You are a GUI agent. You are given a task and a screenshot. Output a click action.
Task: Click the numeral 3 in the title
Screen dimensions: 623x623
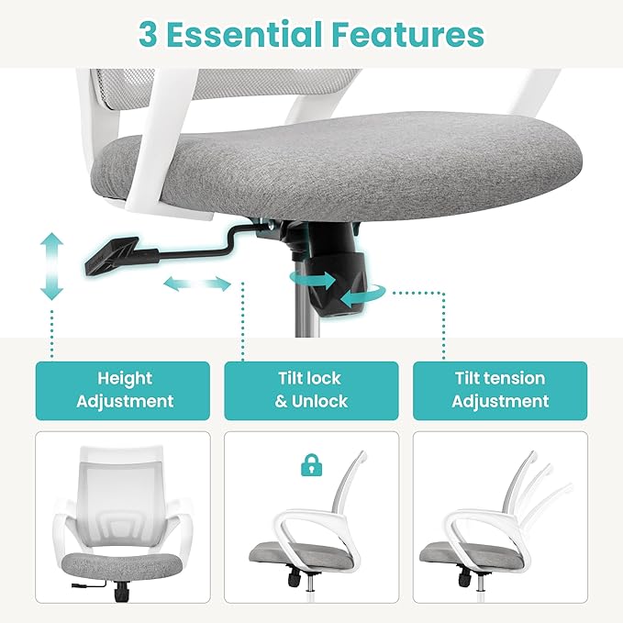(x=148, y=35)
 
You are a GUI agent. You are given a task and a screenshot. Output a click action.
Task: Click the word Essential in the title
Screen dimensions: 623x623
(x=244, y=34)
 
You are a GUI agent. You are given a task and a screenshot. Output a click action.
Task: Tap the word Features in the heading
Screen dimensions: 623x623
(x=408, y=35)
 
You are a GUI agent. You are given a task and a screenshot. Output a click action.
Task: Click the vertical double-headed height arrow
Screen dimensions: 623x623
(x=52, y=266)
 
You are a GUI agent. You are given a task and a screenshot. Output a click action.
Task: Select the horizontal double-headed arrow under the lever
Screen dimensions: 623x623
(x=197, y=284)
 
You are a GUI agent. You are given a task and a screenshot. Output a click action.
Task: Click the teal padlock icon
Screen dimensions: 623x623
(x=312, y=465)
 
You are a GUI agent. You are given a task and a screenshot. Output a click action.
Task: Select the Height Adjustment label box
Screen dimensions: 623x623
(x=123, y=391)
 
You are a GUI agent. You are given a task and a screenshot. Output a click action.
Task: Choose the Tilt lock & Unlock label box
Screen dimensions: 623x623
(x=312, y=391)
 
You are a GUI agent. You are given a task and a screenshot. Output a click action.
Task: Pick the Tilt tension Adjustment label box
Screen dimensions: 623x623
(x=500, y=391)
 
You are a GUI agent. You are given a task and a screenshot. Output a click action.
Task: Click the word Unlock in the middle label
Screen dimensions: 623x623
(x=320, y=401)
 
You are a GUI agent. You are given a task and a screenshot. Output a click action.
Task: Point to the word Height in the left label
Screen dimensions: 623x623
(x=125, y=379)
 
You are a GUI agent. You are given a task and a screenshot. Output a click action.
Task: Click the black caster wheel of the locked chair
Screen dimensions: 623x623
(x=295, y=578)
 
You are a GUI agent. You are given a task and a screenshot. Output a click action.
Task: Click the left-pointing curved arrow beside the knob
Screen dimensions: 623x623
(x=363, y=295)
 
